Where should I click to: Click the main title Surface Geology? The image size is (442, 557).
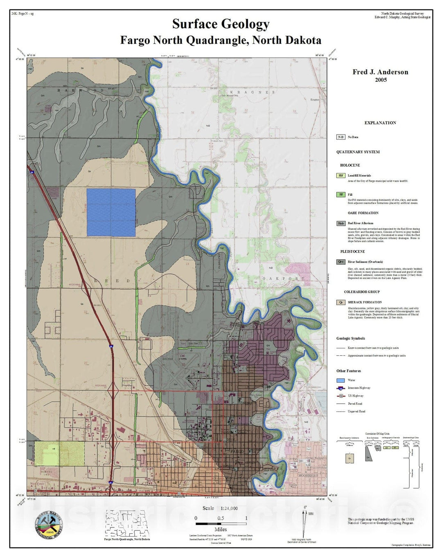coord(221,24)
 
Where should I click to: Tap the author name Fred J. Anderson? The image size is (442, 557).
coord(380,72)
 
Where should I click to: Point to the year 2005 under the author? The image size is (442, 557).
coord(381,80)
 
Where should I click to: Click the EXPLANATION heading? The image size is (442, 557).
coord(380,123)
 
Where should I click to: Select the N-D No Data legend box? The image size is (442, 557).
coord(341,137)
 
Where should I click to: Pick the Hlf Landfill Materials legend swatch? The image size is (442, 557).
coord(341,175)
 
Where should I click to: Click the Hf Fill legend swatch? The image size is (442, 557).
coord(341,195)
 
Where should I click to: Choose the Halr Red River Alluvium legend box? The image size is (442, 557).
coord(341,223)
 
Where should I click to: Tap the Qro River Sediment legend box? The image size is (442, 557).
coord(341,262)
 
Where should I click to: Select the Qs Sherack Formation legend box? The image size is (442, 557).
coord(341,302)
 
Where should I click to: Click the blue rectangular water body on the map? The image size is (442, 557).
coord(111,213)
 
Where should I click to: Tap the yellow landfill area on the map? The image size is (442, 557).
coord(59,454)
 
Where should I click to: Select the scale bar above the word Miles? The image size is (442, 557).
coord(221,523)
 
